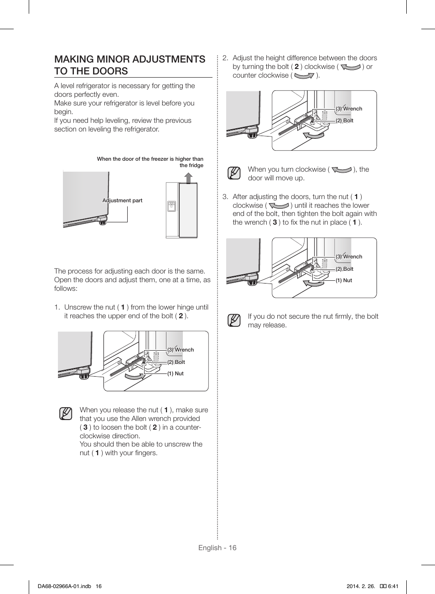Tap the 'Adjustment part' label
pyautogui.click(x=122, y=200)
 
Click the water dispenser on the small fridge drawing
pyautogui.click(x=171, y=206)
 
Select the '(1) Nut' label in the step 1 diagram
pyautogui.click(x=175, y=373)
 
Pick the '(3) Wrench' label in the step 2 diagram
pyautogui.click(x=349, y=109)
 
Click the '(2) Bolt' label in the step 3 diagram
pyautogui.click(x=344, y=269)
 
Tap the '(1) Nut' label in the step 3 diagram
pyautogui.click(x=344, y=280)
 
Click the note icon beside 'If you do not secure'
pyautogui.click(x=234, y=321)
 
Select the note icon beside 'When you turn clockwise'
pyautogui.click(x=234, y=173)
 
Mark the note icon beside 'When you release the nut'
pyautogui.click(x=66, y=414)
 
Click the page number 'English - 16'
pyautogui.click(x=217, y=548)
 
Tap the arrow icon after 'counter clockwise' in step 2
pyautogui.click(x=305, y=76)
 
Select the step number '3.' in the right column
pyautogui.click(x=225, y=197)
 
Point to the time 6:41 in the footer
pyautogui.click(x=393, y=586)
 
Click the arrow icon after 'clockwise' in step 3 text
pyautogui.click(x=279, y=206)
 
